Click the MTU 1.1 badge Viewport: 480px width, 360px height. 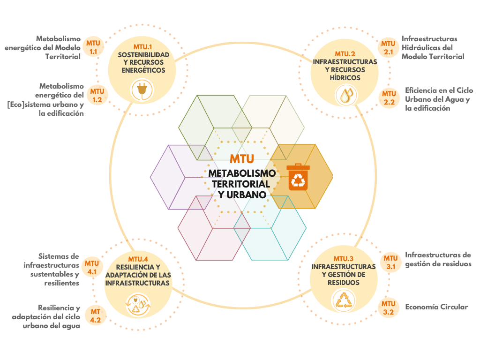click(93, 47)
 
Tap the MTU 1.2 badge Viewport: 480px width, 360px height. click(97, 95)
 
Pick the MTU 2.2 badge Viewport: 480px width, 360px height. click(389, 97)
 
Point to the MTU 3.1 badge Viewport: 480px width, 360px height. click(390, 262)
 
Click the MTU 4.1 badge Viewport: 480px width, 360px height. click(92, 267)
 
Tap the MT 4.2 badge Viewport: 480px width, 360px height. click(96, 316)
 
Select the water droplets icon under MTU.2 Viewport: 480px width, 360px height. click(345, 95)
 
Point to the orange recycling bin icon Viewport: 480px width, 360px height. click(298, 176)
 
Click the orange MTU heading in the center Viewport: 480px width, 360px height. click(242, 159)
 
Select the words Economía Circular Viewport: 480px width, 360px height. click(436, 307)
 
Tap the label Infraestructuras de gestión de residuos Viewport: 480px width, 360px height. click(438, 259)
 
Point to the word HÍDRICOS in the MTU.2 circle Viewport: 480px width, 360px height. click(345, 78)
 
